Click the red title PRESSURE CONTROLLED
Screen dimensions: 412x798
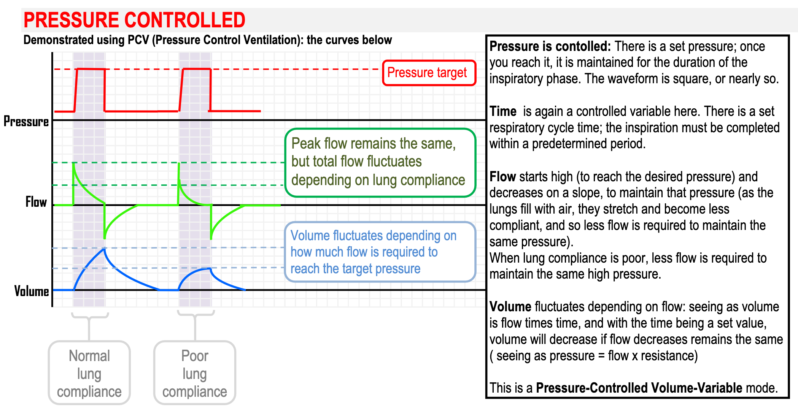[134, 20]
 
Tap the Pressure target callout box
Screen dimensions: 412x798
[429, 73]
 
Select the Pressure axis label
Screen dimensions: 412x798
[26, 121]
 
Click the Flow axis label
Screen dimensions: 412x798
[36, 202]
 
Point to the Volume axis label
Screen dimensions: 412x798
[32, 291]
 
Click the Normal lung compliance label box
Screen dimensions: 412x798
[89, 373]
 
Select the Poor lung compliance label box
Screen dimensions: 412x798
[195, 373]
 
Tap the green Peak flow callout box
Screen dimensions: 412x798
[380, 163]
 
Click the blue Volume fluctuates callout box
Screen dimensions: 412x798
[380, 252]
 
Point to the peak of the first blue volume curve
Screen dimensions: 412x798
[104, 249]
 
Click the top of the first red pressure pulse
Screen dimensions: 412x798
[91, 69]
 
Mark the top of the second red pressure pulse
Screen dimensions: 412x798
[197, 69]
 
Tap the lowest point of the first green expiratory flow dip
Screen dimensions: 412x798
[105, 238]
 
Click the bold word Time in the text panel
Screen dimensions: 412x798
[503, 111]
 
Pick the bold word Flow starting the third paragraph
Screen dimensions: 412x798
[502, 177]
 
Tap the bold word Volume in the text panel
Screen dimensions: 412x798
[510, 307]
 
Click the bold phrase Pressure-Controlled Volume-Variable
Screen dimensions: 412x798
[639, 388]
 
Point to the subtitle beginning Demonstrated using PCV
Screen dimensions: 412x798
[207, 40]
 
